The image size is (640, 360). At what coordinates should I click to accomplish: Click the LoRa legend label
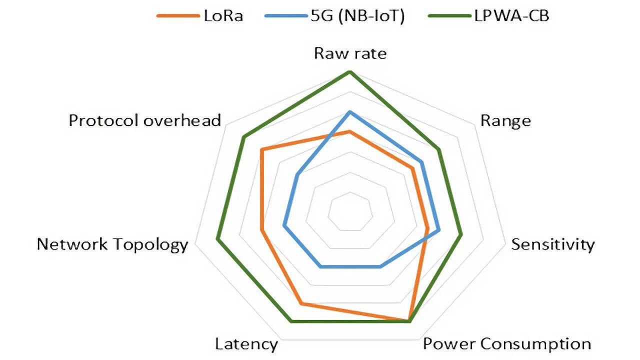click(x=223, y=15)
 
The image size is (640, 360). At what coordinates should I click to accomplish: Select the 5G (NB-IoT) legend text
click(x=355, y=15)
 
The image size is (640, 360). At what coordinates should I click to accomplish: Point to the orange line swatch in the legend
click(x=177, y=16)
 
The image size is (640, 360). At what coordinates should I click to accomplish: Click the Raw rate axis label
click(x=350, y=53)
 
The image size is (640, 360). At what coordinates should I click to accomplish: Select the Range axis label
click(x=505, y=121)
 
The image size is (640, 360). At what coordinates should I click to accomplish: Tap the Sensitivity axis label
click(x=552, y=244)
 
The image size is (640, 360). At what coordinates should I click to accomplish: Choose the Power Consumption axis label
click(x=506, y=344)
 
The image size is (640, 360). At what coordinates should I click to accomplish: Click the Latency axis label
click(x=246, y=344)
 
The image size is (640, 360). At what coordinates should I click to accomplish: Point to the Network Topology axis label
click(x=112, y=244)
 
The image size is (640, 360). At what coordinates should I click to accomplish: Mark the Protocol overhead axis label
click(x=145, y=121)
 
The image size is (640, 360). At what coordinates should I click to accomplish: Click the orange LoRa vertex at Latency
click(x=301, y=303)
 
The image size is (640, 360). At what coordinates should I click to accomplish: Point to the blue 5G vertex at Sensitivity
click(x=438, y=230)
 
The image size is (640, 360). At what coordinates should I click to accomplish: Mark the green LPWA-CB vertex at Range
click(x=439, y=149)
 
